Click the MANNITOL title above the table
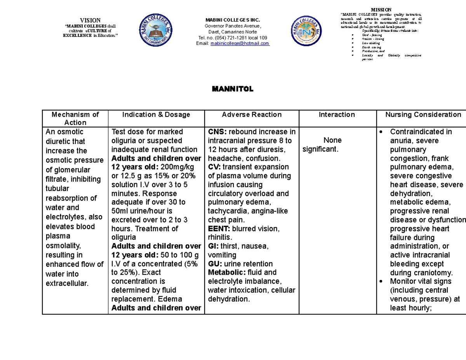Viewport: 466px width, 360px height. (232, 89)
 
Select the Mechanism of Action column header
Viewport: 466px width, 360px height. (75, 118)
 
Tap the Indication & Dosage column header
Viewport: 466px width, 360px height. (156, 115)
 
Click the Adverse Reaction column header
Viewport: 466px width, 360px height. (252, 115)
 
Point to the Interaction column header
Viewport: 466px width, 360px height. (337, 115)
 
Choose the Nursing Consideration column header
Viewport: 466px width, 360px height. (423, 115)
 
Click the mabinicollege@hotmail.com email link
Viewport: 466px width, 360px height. (240, 43)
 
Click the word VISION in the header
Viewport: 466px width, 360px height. (90, 20)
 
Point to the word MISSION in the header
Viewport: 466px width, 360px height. (381, 10)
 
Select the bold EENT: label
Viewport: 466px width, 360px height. (218, 228)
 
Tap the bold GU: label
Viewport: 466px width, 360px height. (215, 264)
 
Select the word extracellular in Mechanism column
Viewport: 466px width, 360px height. (67, 283)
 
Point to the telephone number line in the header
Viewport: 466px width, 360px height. (232, 38)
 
